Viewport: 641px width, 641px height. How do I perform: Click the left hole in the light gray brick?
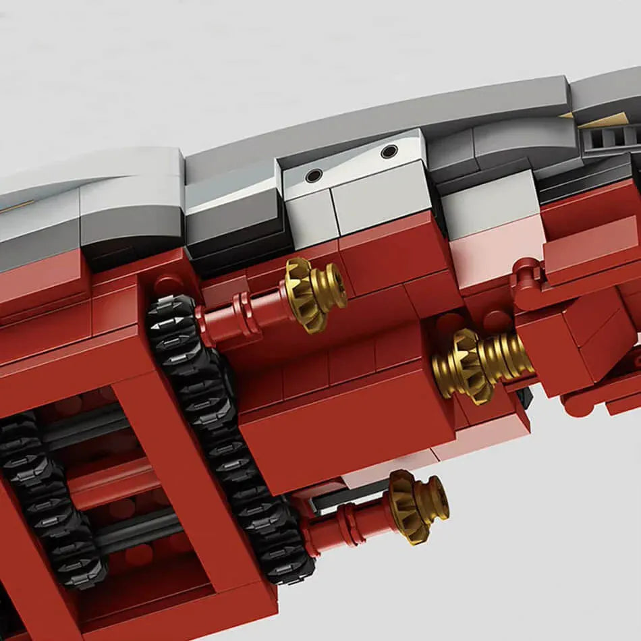(314, 175)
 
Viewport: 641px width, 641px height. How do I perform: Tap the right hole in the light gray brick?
(389, 152)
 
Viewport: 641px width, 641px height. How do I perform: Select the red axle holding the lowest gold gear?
(344, 523)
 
